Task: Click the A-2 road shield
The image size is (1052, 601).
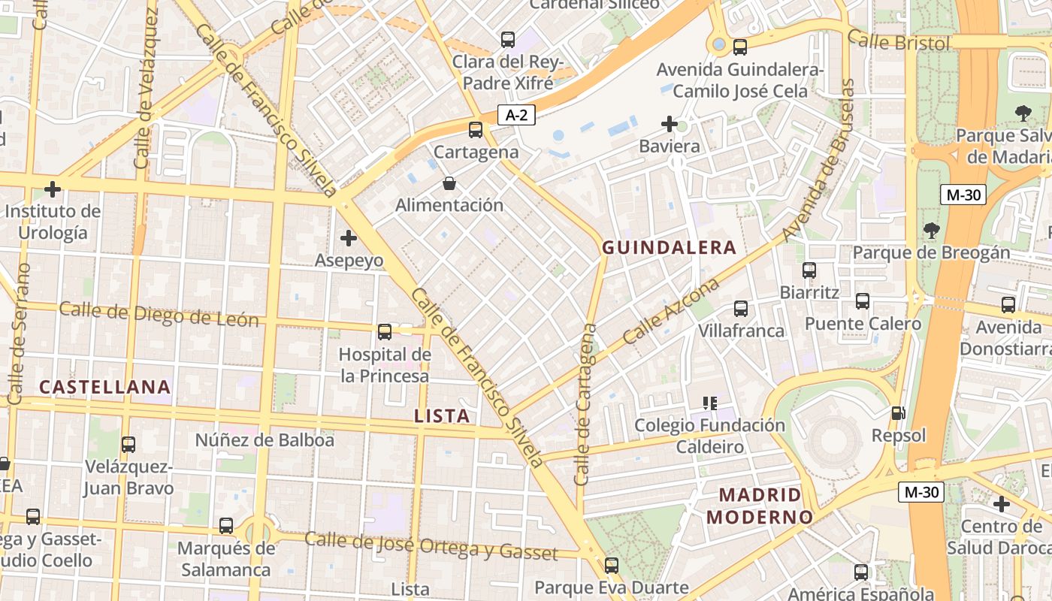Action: tap(516, 115)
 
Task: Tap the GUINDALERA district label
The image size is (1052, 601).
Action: tap(669, 247)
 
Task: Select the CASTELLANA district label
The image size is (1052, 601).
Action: tap(105, 387)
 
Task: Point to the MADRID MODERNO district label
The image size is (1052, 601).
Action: tap(760, 506)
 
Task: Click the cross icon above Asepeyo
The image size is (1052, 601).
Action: tap(349, 239)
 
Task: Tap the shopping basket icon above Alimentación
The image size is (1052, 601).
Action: tap(449, 183)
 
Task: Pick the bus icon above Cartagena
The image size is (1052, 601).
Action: tap(476, 130)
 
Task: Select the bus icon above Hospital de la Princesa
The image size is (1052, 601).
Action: tap(385, 331)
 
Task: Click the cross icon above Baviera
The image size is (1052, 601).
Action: tap(670, 124)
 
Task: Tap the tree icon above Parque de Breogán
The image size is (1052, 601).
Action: tap(932, 230)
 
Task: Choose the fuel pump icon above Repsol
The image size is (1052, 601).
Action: tap(898, 413)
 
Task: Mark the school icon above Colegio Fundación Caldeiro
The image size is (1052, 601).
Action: tap(709, 403)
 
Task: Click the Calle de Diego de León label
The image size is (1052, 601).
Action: tap(159, 315)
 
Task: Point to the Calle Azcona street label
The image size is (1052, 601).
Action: tap(671, 312)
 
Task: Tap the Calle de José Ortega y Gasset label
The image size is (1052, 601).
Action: tap(431, 546)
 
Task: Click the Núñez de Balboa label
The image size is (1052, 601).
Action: tap(265, 440)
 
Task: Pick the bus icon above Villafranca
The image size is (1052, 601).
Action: tap(741, 309)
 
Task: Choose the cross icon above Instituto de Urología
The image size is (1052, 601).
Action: tap(53, 189)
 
